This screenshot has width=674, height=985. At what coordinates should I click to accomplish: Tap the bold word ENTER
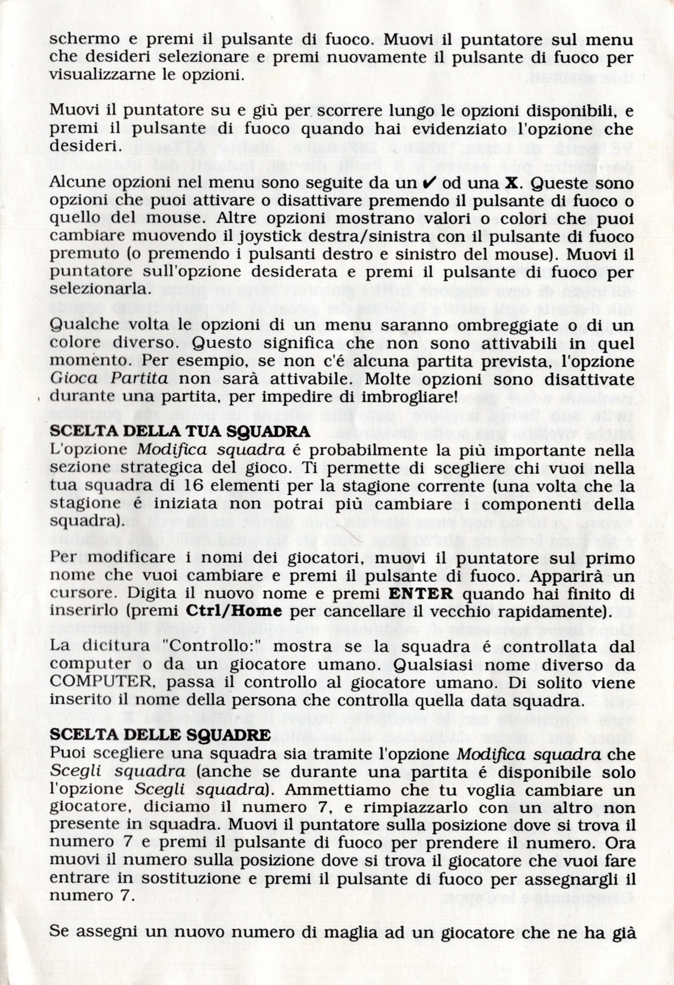[421, 594]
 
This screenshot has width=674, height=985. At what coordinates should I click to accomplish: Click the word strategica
[166, 467]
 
